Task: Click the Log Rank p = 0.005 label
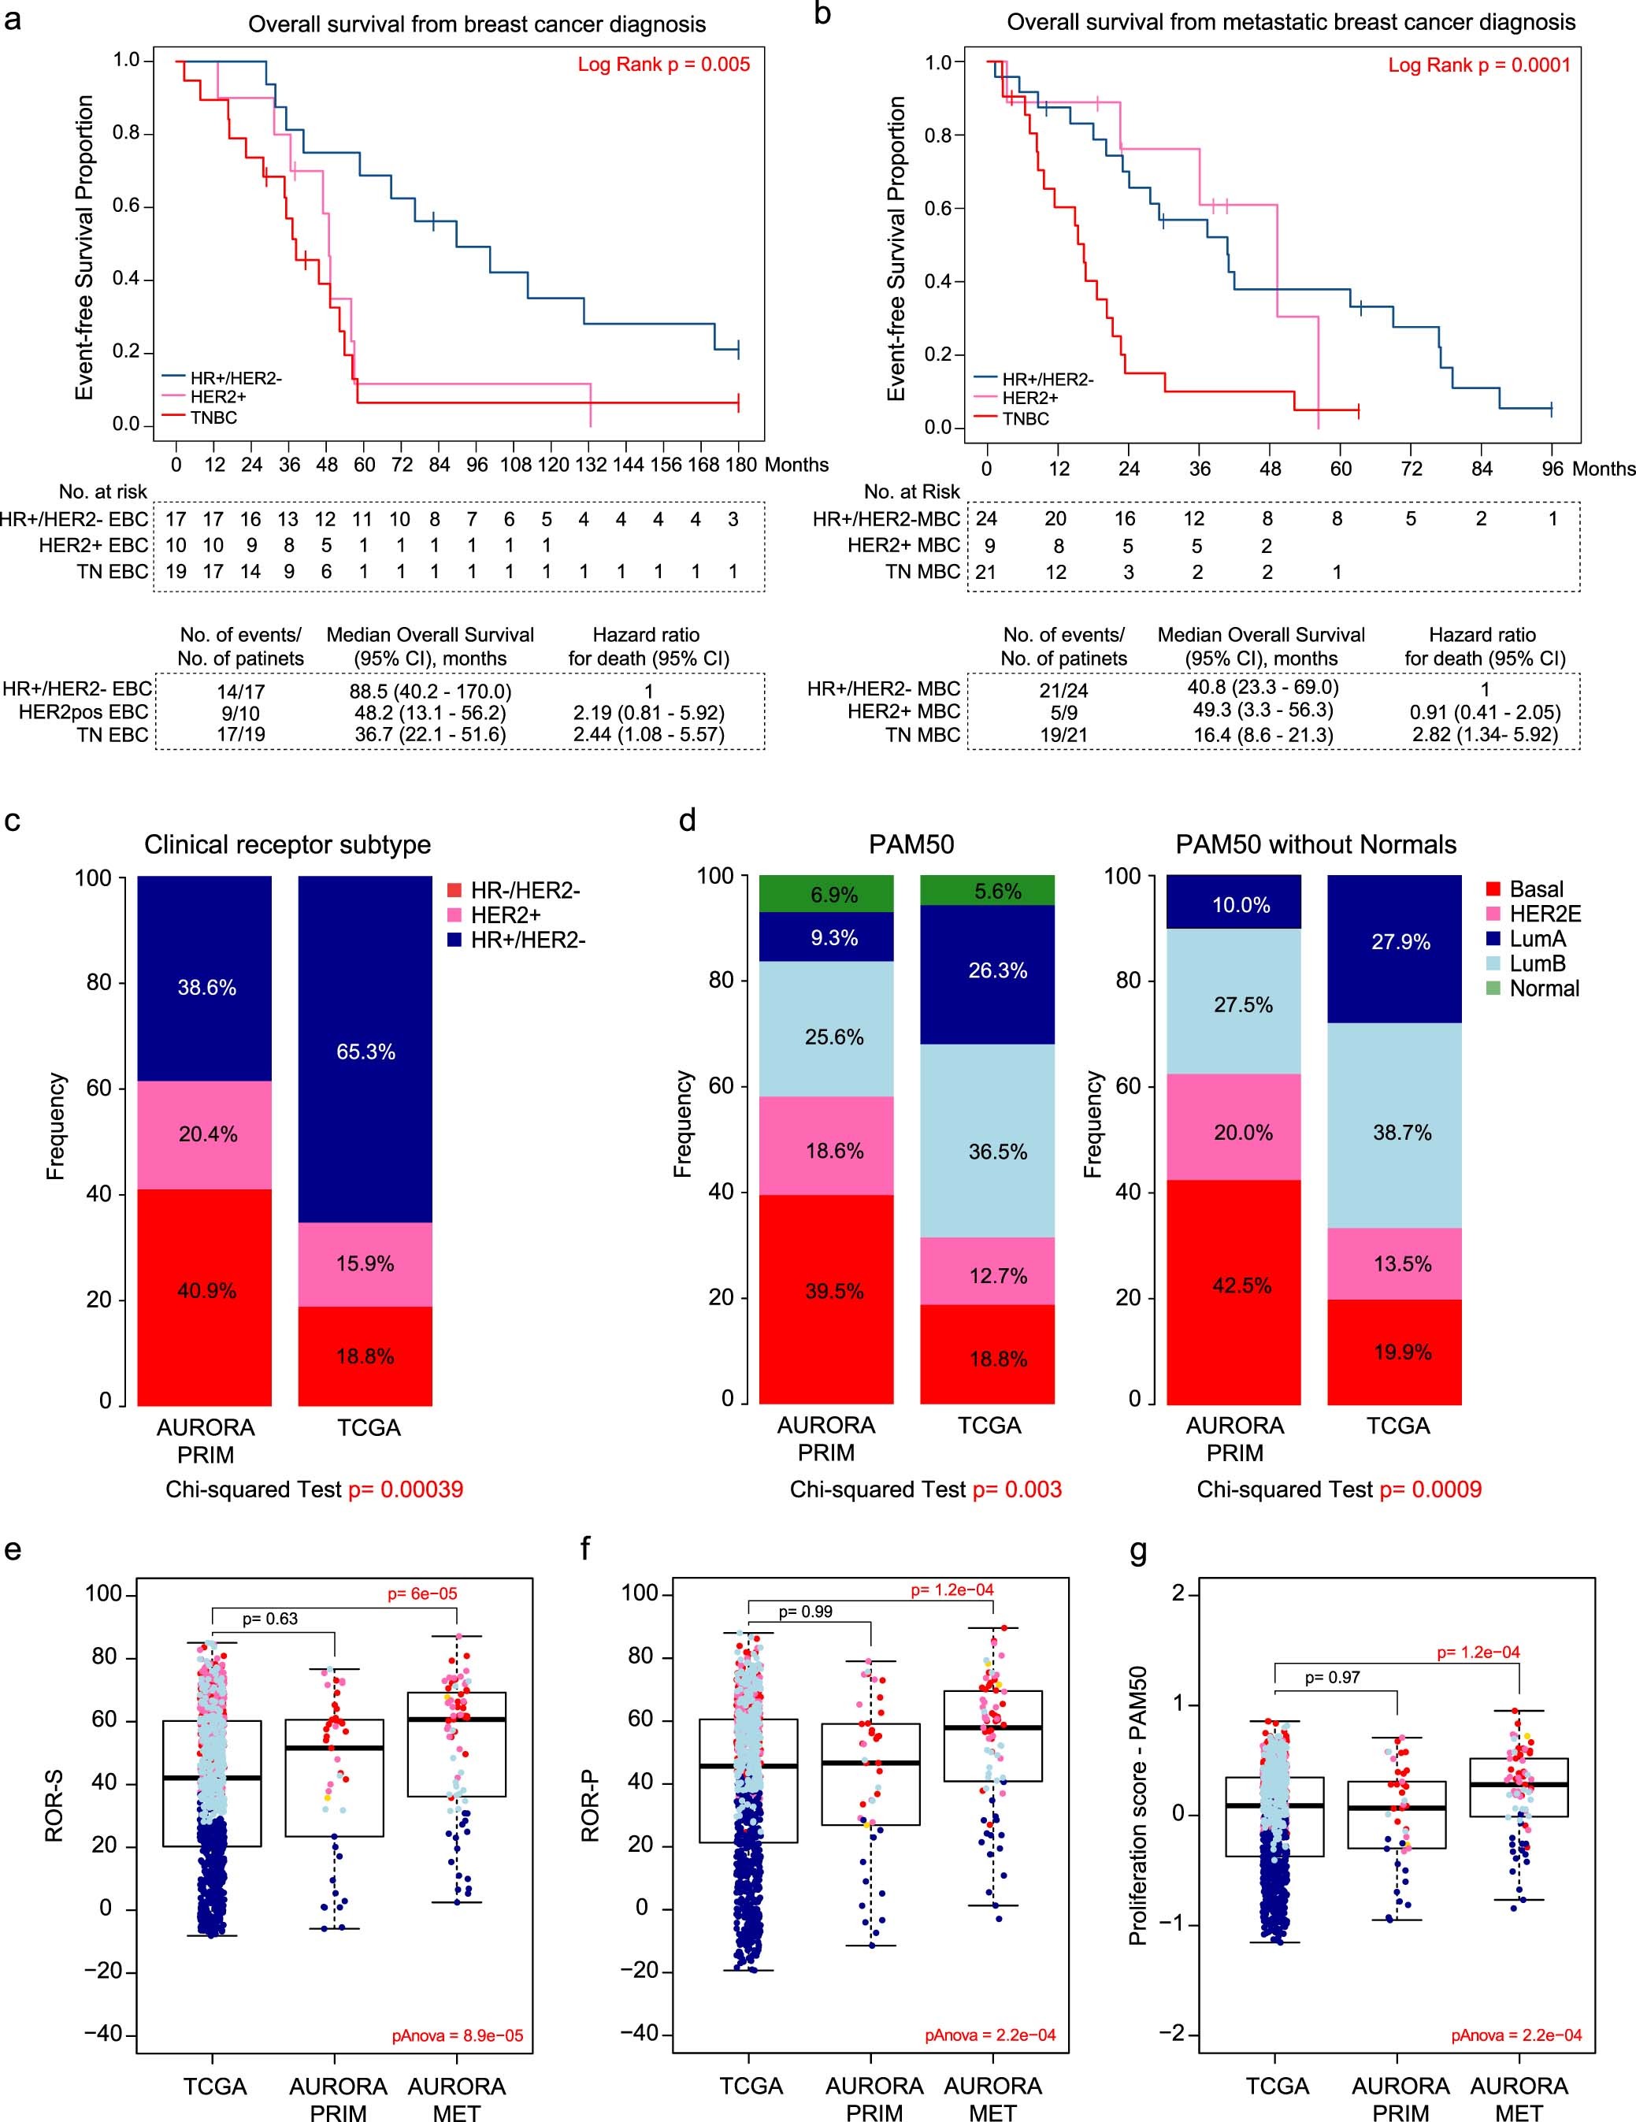(x=663, y=65)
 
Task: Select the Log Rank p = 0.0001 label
(x=1478, y=65)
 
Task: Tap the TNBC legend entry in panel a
(x=213, y=417)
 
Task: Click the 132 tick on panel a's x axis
(x=591, y=465)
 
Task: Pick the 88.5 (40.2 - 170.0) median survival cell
(x=430, y=692)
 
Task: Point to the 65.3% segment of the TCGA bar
(x=365, y=1052)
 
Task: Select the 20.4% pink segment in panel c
(x=207, y=1134)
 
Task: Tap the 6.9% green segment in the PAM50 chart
(x=833, y=895)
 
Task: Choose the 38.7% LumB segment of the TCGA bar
(x=1401, y=1133)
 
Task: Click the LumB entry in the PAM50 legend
(x=1537, y=964)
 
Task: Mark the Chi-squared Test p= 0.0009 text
(x=1339, y=1489)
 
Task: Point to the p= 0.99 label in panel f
(x=804, y=1612)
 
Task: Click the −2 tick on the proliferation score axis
(x=1178, y=2035)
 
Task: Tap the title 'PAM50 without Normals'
(x=1315, y=844)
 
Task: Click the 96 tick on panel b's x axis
(x=1553, y=469)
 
